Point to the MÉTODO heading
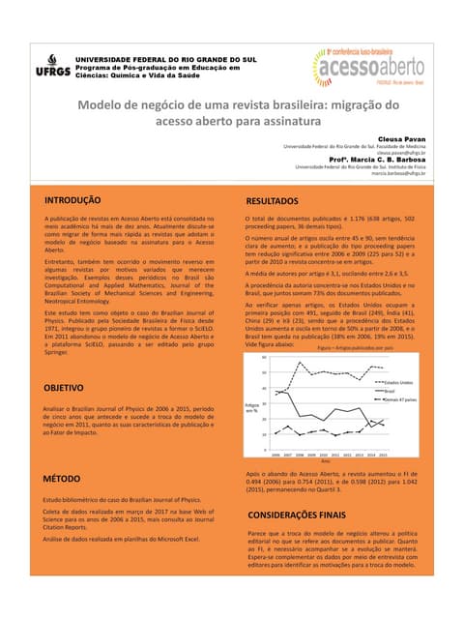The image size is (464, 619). tap(62, 480)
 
